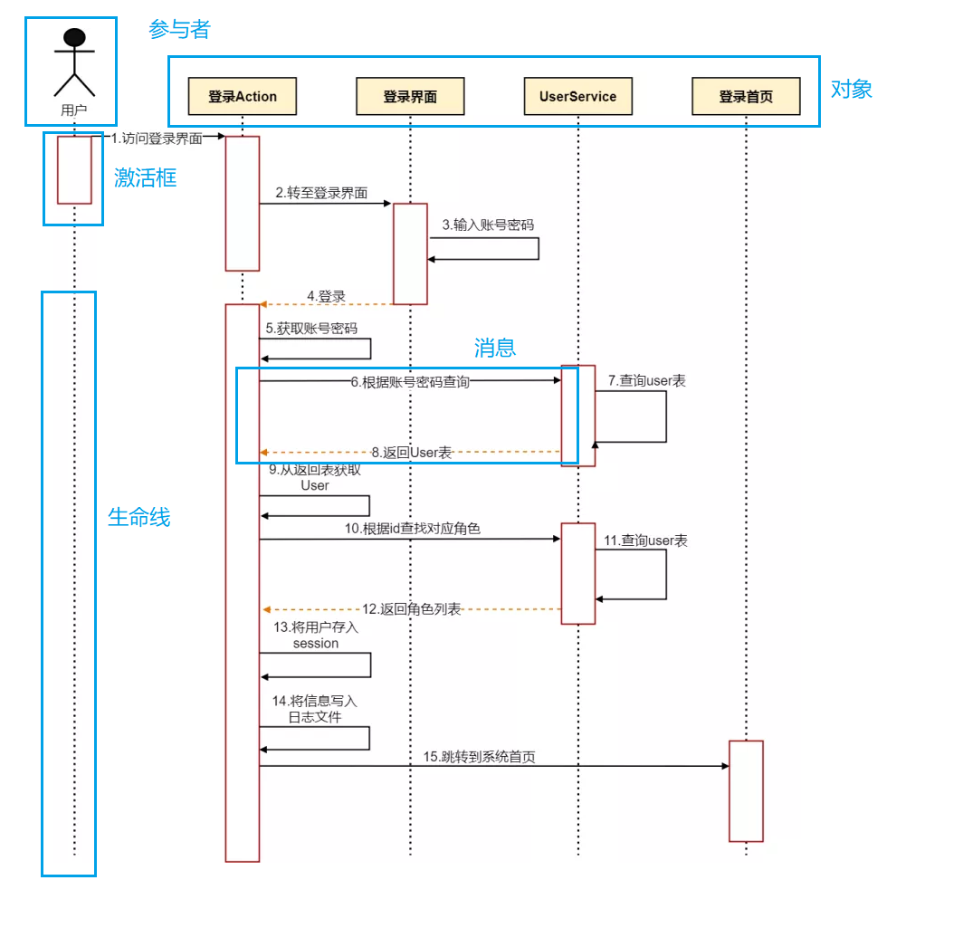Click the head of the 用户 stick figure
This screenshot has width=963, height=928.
[x=74, y=37]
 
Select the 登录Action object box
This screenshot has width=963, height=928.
[x=243, y=96]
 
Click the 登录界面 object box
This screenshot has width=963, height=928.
[x=410, y=96]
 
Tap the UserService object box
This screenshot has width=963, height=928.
[x=577, y=96]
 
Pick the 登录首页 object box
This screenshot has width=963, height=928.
[x=746, y=96]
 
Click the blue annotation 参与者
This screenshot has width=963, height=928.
[x=179, y=30]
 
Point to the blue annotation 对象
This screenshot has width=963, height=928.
[x=851, y=89]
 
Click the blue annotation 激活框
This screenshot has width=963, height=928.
[x=145, y=178]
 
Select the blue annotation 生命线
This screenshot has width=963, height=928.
[x=138, y=518]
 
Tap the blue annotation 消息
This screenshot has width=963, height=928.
[x=495, y=349]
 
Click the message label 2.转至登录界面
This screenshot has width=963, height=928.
[x=327, y=193]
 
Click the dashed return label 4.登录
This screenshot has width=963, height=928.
[x=326, y=296]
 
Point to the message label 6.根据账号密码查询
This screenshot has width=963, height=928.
[x=410, y=382]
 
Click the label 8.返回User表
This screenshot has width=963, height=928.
[x=411, y=452]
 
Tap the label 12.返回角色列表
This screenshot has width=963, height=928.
[x=412, y=609]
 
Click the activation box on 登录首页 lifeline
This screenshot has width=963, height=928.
[x=746, y=790]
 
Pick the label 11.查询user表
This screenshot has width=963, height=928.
[x=646, y=541]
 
